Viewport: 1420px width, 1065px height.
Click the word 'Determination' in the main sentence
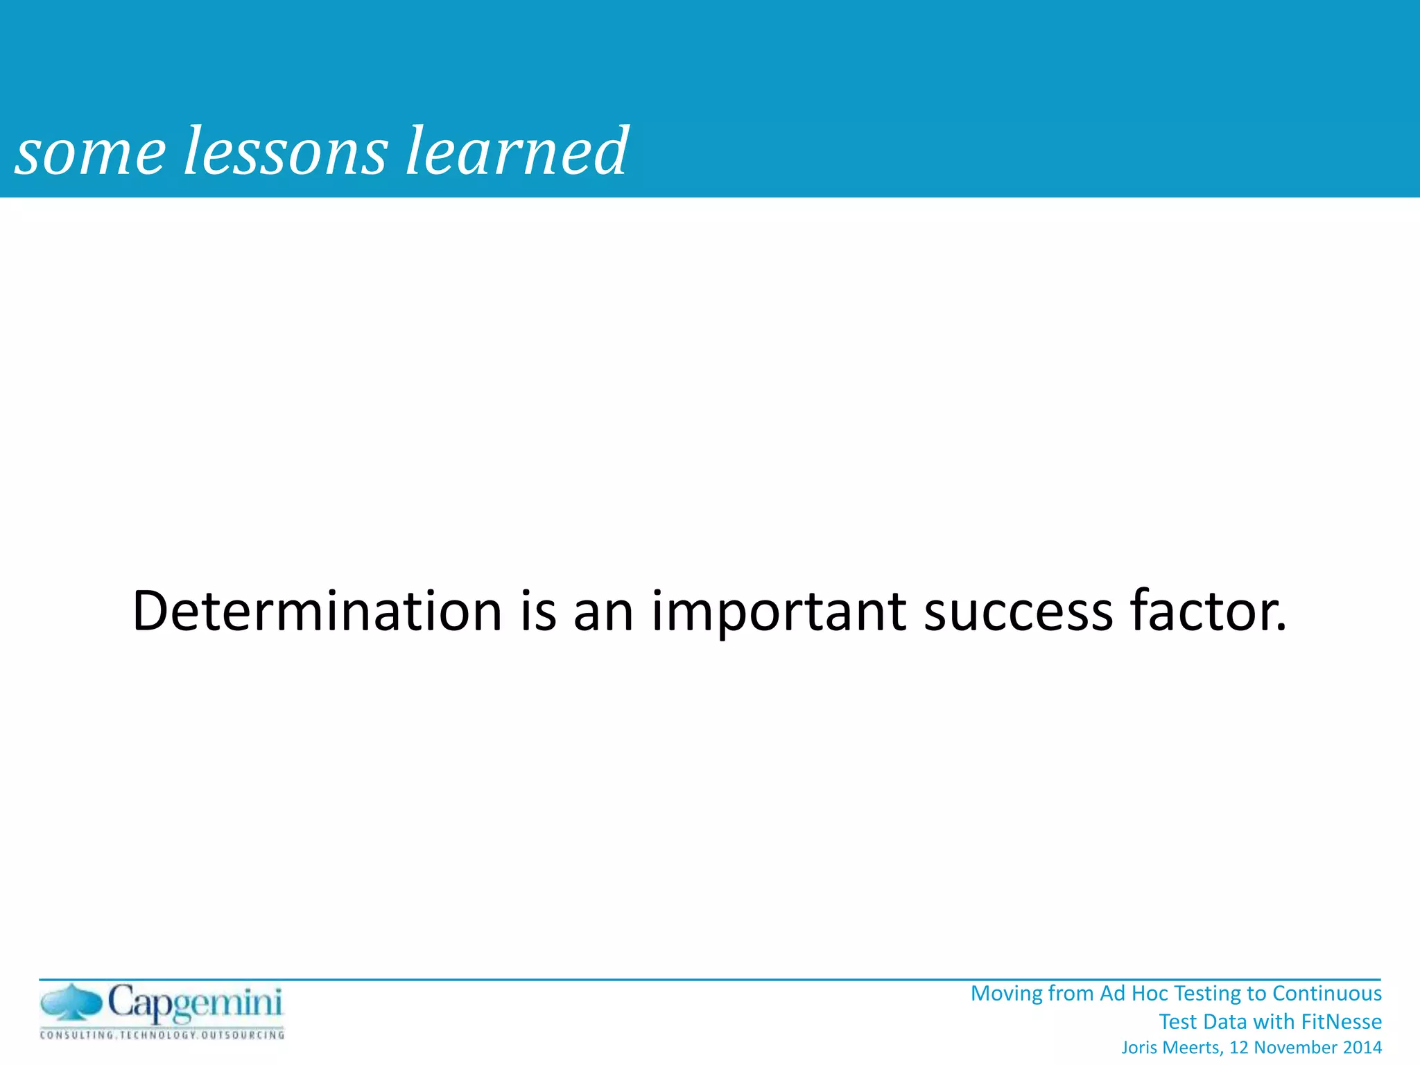(x=317, y=611)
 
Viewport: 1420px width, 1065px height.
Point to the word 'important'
(x=779, y=612)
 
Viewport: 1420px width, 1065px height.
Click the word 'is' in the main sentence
(x=538, y=611)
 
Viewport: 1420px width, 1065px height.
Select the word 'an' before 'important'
(x=603, y=612)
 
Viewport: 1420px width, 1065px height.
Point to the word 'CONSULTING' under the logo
(x=77, y=1035)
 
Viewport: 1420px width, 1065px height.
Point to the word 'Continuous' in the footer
(x=1327, y=993)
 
